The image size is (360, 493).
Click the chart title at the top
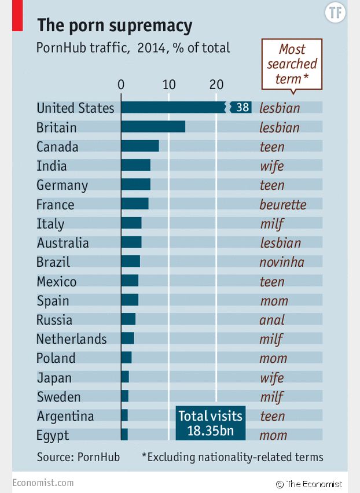click(115, 25)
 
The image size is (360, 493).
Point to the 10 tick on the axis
click(168, 84)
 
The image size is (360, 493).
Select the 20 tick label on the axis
click(216, 84)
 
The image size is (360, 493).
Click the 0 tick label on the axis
click(121, 84)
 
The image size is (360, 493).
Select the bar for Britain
click(153, 127)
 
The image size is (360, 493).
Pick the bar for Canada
click(140, 146)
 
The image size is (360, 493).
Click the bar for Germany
click(136, 185)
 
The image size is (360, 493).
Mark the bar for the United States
click(174, 108)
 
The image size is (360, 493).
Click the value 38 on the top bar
click(243, 108)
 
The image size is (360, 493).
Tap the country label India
click(52, 166)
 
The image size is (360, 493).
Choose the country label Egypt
click(53, 435)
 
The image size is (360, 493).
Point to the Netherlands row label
click(72, 339)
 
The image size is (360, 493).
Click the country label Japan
click(54, 378)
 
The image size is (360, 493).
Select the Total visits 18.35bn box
click(210, 423)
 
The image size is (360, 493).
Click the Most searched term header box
click(292, 64)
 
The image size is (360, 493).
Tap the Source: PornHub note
click(78, 457)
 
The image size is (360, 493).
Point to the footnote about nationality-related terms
click(232, 457)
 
